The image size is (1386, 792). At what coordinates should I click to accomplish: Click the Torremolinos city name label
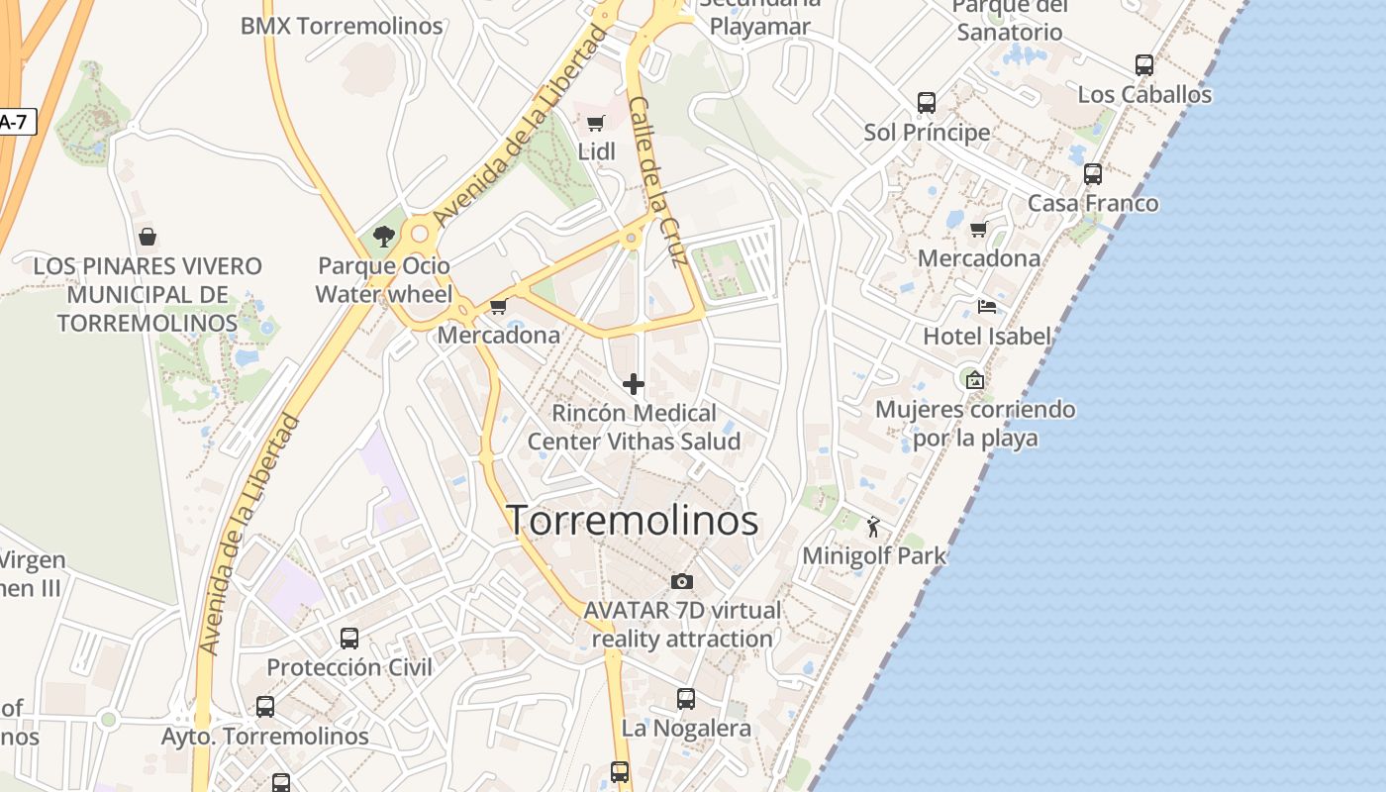pyautogui.click(x=633, y=521)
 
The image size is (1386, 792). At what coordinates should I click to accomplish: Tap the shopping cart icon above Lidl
pyautogui.click(x=596, y=124)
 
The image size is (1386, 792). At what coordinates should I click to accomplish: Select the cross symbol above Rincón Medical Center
pyautogui.click(x=634, y=384)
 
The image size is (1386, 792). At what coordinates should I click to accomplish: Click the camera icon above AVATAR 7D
pyautogui.click(x=682, y=581)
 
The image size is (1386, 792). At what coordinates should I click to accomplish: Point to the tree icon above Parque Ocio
pyautogui.click(x=384, y=237)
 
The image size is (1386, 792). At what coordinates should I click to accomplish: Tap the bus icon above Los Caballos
pyautogui.click(x=1144, y=66)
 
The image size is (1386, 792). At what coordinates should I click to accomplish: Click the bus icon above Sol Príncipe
pyautogui.click(x=927, y=103)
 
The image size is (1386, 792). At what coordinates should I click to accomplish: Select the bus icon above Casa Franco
pyautogui.click(x=1093, y=174)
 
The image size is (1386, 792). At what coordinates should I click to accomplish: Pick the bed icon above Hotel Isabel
pyautogui.click(x=987, y=307)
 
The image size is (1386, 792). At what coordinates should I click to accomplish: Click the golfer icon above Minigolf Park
pyautogui.click(x=872, y=527)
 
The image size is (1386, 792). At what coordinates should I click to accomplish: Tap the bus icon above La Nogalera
pyautogui.click(x=686, y=699)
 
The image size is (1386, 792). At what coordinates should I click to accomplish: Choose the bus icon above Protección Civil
pyautogui.click(x=349, y=639)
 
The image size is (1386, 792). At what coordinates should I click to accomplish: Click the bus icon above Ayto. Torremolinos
pyautogui.click(x=265, y=707)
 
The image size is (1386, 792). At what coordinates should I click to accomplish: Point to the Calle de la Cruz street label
pyautogui.click(x=657, y=183)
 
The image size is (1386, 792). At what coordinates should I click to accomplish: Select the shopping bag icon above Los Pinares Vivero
pyautogui.click(x=148, y=237)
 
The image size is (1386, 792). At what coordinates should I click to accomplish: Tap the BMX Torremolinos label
pyautogui.click(x=342, y=26)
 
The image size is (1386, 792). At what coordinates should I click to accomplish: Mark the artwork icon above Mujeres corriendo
pyautogui.click(x=975, y=379)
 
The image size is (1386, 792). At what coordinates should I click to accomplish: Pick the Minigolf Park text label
pyautogui.click(x=874, y=556)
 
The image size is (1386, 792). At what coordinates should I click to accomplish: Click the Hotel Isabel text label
pyautogui.click(x=987, y=337)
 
